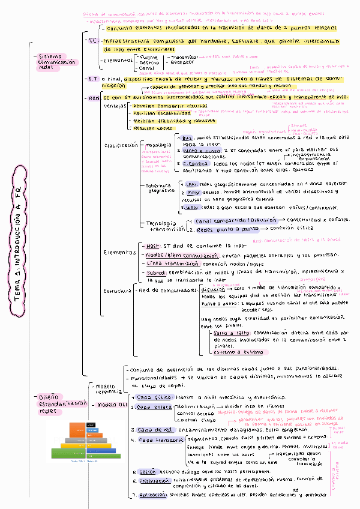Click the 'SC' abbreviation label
92,41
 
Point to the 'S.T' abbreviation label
92,79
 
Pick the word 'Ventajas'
115,106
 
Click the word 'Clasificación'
121,145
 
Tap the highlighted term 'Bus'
187,138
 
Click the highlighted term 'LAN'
191,184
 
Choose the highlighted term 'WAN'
191,207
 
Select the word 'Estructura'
117,291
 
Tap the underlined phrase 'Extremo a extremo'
237,352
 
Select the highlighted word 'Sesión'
147,472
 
